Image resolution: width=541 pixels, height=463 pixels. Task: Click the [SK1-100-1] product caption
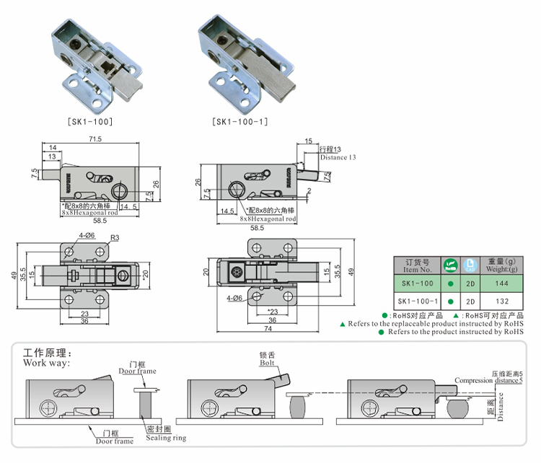pyautogui.click(x=241, y=122)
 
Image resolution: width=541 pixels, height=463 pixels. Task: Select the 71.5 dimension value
pyautogui.click(x=95, y=138)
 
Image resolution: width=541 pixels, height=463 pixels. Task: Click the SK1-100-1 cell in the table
pyautogui.click(x=416, y=301)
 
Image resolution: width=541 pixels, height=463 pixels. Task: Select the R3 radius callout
pyautogui.click(x=114, y=238)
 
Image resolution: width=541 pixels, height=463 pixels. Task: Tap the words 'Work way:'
pyautogui.click(x=47, y=363)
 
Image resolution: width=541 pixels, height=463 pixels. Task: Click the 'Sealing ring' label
pyautogui.click(x=166, y=438)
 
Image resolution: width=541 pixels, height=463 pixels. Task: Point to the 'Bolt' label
pyautogui.click(x=268, y=363)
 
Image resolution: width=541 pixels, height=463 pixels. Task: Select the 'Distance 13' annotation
pyautogui.click(x=338, y=157)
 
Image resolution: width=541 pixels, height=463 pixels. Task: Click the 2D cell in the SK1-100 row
pyautogui.click(x=470, y=283)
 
